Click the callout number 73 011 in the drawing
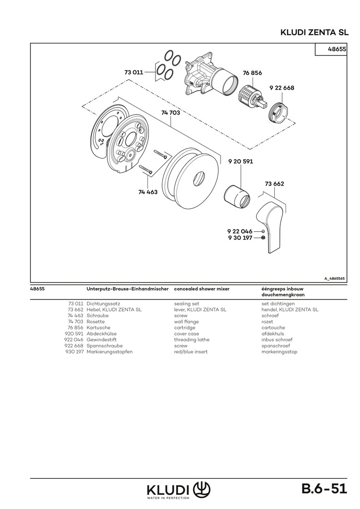(133, 73)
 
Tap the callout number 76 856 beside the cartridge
(252, 73)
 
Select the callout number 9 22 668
(282, 88)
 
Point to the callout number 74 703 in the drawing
(170, 113)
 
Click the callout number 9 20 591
(240, 161)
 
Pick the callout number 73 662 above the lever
(274, 183)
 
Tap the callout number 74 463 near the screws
(148, 192)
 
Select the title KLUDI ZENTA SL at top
(314, 33)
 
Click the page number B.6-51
(324, 489)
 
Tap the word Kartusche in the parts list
(98, 328)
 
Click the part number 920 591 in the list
(74, 334)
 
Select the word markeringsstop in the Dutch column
(279, 352)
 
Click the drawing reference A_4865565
(334, 279)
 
